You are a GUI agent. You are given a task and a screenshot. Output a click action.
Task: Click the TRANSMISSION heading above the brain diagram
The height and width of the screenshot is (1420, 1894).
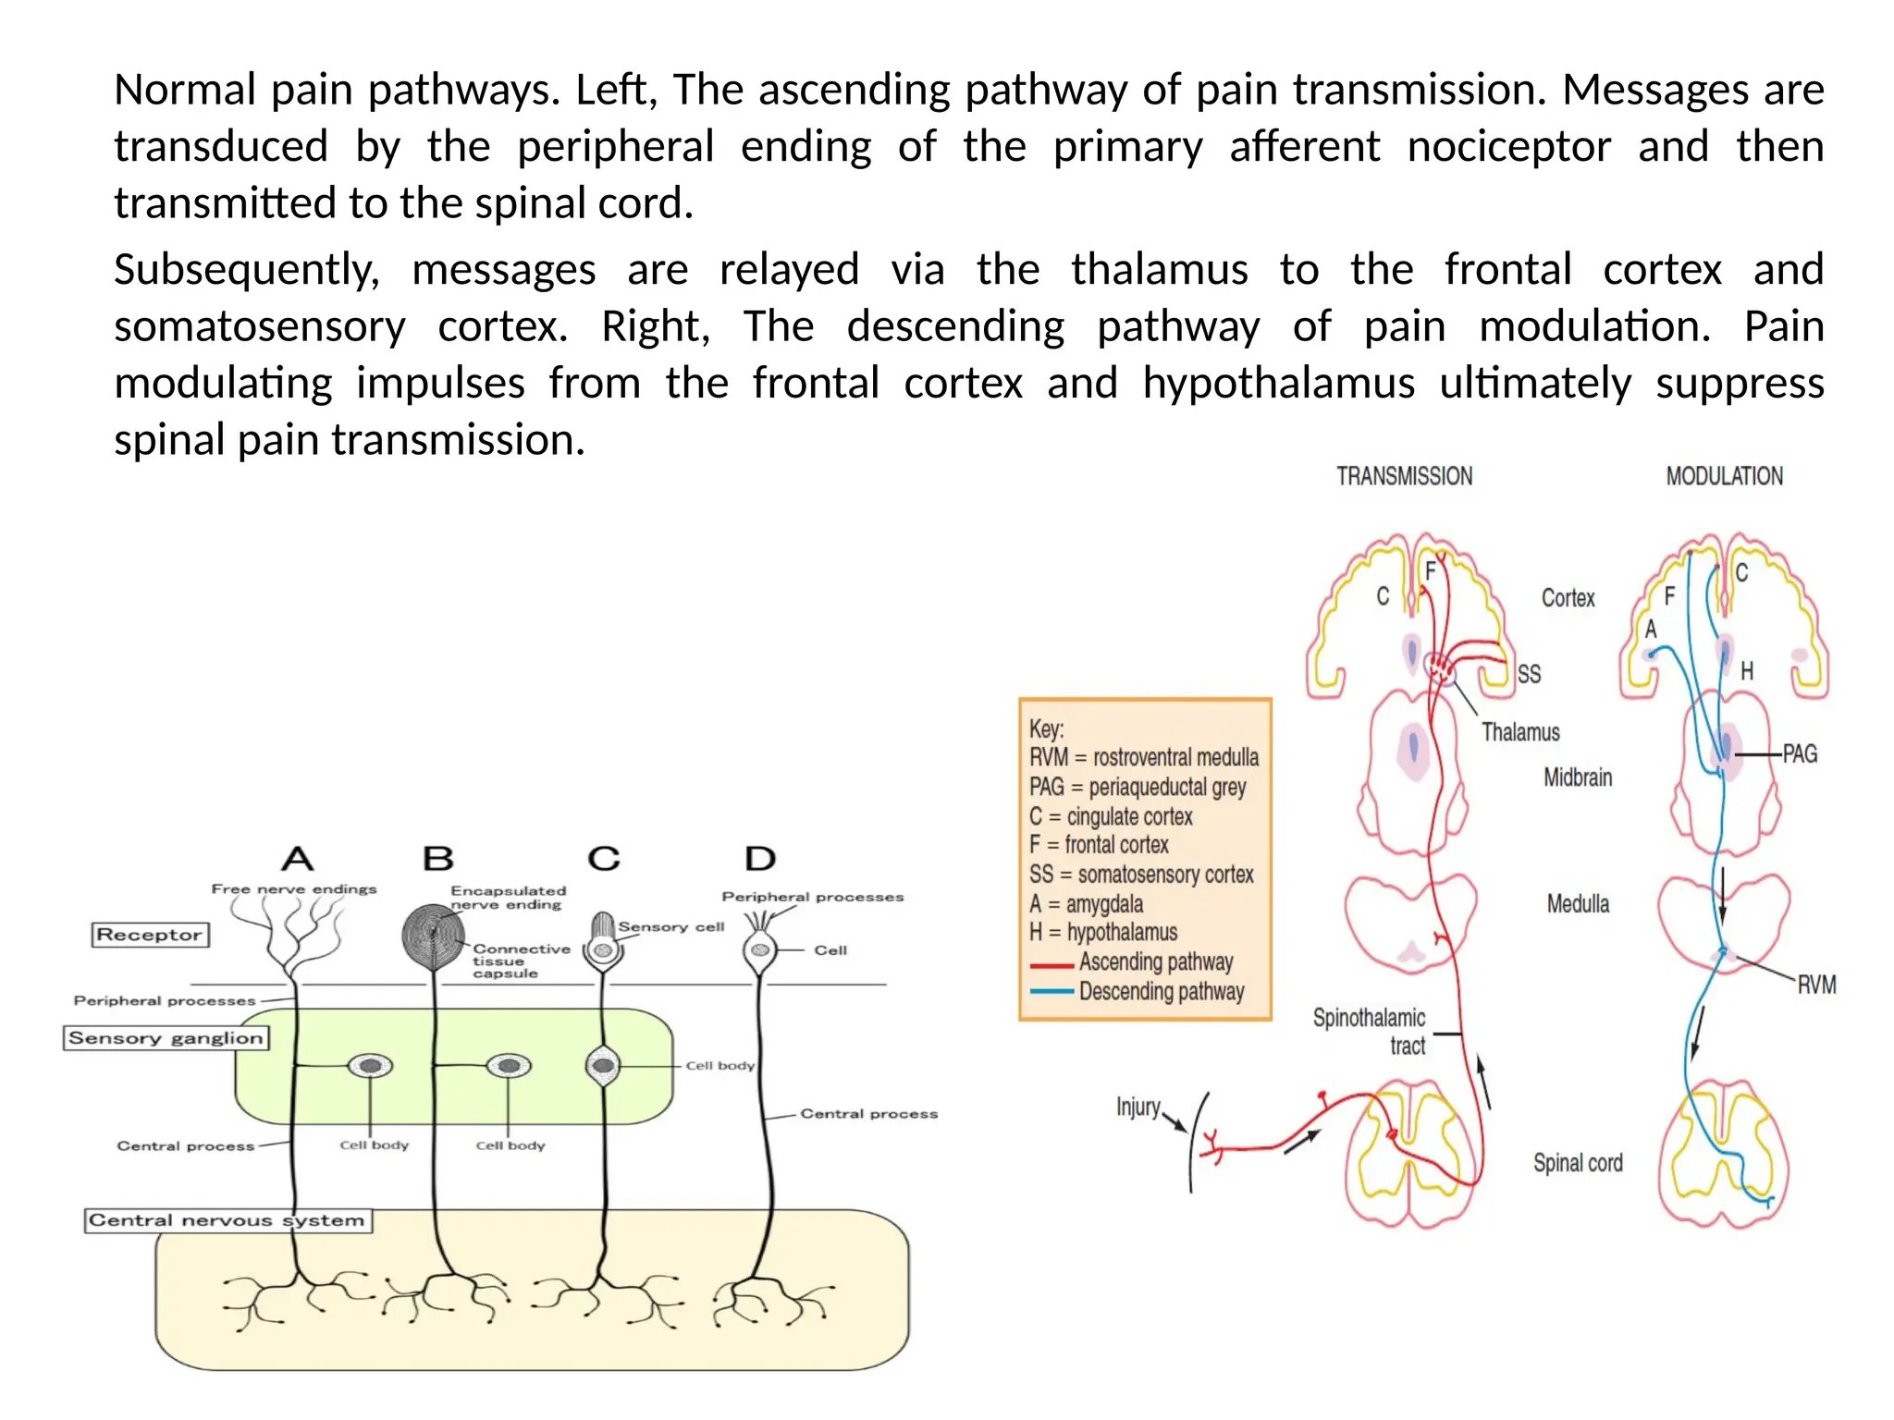click(x=1404, y=476)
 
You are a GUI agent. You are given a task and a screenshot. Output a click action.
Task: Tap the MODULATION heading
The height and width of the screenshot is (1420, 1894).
click(x=1724, y=476)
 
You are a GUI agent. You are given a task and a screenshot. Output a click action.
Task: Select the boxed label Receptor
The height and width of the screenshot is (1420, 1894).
click(x=150, y=935)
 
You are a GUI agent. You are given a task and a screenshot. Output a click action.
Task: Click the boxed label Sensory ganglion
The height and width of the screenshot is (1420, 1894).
click(x=166, y=1038)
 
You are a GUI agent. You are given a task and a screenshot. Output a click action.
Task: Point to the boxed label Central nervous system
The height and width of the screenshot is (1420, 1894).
click(x=228, y=1220)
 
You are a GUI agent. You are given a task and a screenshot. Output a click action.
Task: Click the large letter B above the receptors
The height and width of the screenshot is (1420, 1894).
click(x=438, y=859)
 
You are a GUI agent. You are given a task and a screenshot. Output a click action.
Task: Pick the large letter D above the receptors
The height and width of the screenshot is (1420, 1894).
click(x=760, y=859)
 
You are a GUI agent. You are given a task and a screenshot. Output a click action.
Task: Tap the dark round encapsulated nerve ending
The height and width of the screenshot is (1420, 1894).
click(x=433, y=936)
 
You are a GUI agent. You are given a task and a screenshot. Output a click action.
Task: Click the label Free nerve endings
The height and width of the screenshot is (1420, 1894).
click(x=294, y=889)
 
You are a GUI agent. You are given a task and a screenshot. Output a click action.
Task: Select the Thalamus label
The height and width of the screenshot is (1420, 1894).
click(x=1520, y=732)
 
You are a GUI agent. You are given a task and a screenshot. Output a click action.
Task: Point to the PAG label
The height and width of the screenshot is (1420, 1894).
click(x=1800, y=754)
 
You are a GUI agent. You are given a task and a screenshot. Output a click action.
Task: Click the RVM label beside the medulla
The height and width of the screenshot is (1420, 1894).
click(x=1816, y=985)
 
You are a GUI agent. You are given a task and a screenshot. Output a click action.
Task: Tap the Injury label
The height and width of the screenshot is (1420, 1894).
click(x=1138, y=1107)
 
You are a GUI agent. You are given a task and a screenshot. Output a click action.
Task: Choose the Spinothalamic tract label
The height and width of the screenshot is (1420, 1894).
click(x=1371, y=1032)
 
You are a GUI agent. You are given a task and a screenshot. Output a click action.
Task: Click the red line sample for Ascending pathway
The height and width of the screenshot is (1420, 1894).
click(x=1052, y=965)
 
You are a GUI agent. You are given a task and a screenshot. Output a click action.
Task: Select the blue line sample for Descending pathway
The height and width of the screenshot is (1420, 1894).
click(x=1052, y=993)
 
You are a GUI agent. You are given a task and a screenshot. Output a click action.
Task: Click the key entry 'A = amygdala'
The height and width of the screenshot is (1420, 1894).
click(x=1086, y=903)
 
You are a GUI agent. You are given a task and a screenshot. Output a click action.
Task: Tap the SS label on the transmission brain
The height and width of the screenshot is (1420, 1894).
click(x=1529, y=674)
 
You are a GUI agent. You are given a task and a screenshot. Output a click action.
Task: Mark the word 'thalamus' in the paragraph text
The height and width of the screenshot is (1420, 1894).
click(x=1159, y=270)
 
